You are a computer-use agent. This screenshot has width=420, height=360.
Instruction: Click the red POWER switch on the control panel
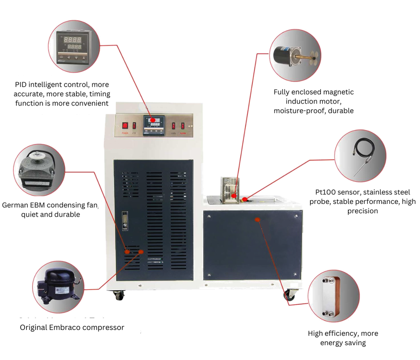[125, 126]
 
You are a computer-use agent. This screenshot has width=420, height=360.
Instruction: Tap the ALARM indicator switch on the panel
[183, 126]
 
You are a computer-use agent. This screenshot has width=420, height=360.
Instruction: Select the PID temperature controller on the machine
[153, 125]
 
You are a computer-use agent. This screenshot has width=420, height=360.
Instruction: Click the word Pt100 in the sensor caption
[326, 192]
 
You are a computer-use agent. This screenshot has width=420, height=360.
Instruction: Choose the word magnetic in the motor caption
[337, 92]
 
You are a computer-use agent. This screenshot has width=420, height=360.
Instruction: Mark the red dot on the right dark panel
[257, 219]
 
